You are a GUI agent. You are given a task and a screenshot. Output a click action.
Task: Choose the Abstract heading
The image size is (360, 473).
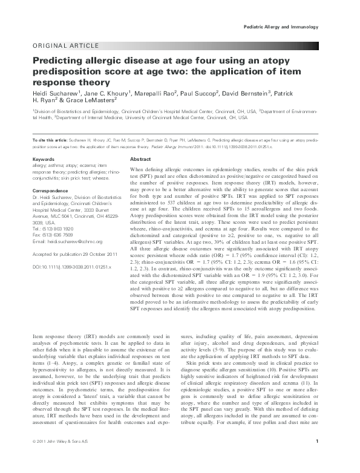(x=140, y=158)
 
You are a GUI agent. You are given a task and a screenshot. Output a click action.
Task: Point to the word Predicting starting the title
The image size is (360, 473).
(x=59, y=61)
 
